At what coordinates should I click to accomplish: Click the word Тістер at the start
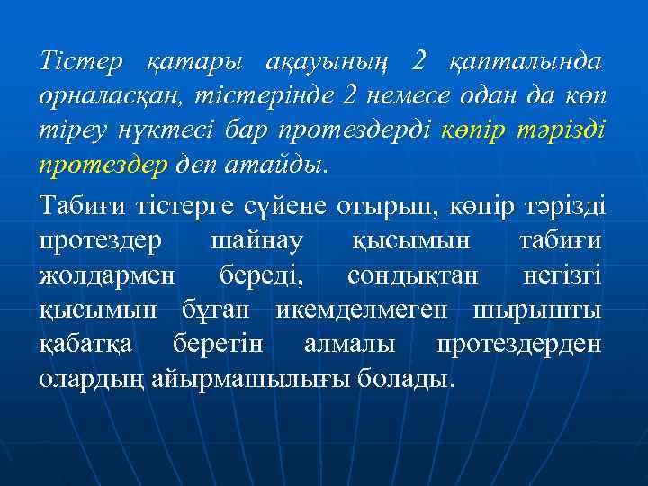[82, 62]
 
